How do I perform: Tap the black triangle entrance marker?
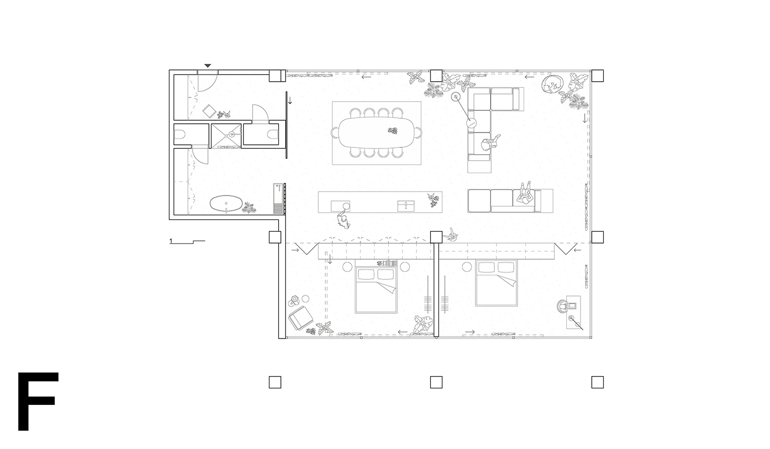(x=207, y=66)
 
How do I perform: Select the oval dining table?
(x=377, y=133)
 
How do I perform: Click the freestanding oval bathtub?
(x=226, y=203)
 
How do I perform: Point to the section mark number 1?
(x=171, y=241)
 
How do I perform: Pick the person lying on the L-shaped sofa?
(x=490, y=143)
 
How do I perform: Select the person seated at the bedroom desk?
(x=563, y=306)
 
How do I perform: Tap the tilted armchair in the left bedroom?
(x=300, y=318)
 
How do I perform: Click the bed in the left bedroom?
(x=376, y=290)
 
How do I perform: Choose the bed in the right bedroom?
(x=496, y=283)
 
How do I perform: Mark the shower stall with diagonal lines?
(x=225, y=136)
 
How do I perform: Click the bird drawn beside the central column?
(x=451, y=234)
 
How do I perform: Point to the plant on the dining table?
(x=393, y=130)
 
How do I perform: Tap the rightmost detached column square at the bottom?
(x=598, y=382)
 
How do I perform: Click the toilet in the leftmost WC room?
(x=180, y=134)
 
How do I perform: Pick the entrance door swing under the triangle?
(x=207, y=81)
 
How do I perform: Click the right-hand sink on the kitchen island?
(x=406, y=205)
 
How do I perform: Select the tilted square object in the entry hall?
(x=209, y=111)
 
